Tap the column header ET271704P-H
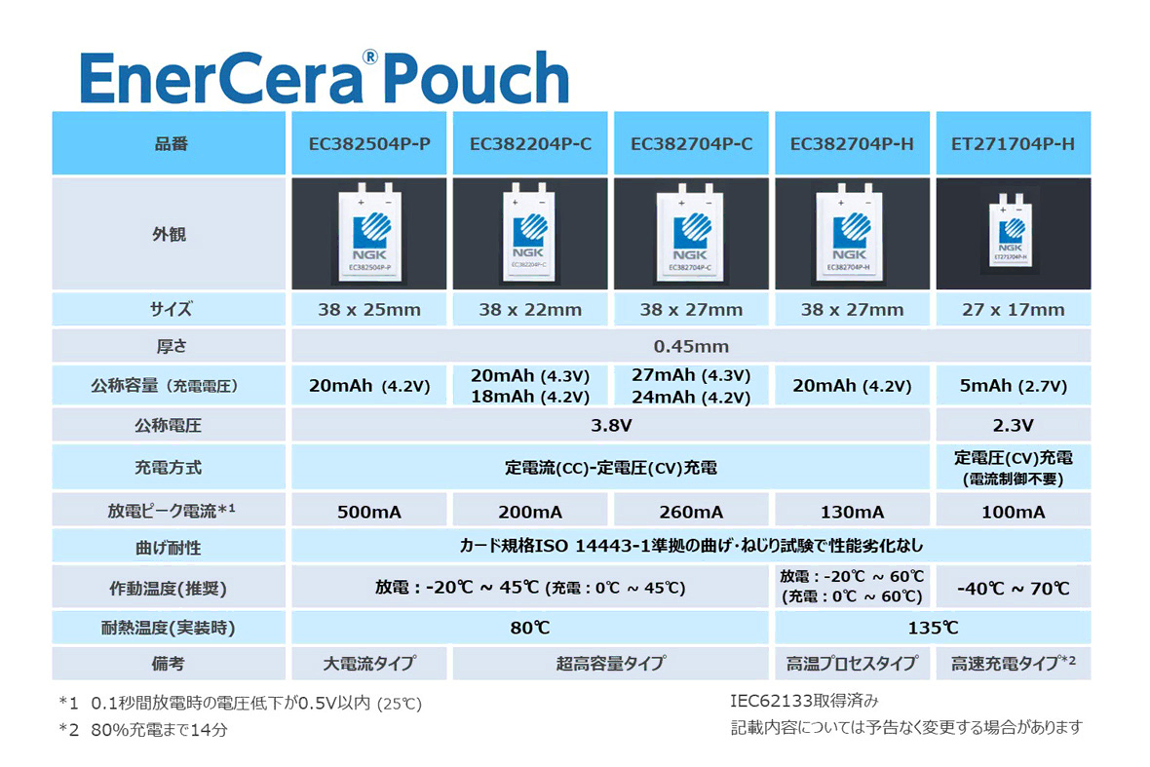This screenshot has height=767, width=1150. point(1013,144)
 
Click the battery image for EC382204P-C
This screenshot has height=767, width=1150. point(531,234)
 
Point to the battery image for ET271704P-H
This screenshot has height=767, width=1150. point(1013,234)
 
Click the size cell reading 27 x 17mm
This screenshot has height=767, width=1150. point(1013,310)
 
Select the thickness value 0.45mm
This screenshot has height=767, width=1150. point(691,346)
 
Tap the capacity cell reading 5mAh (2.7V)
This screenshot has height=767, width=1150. point(1013,386)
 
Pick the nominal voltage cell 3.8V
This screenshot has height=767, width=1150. point(612,426)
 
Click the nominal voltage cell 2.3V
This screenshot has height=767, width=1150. point(1013,426)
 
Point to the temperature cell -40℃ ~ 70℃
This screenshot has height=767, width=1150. point(1013,589)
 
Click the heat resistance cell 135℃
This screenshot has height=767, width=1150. point(933,628)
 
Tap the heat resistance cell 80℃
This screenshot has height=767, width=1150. point(531,628)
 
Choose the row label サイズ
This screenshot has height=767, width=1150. point(171,310)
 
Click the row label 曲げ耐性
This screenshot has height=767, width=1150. point(171,547)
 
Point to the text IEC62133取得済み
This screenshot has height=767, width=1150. point(804,701)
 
